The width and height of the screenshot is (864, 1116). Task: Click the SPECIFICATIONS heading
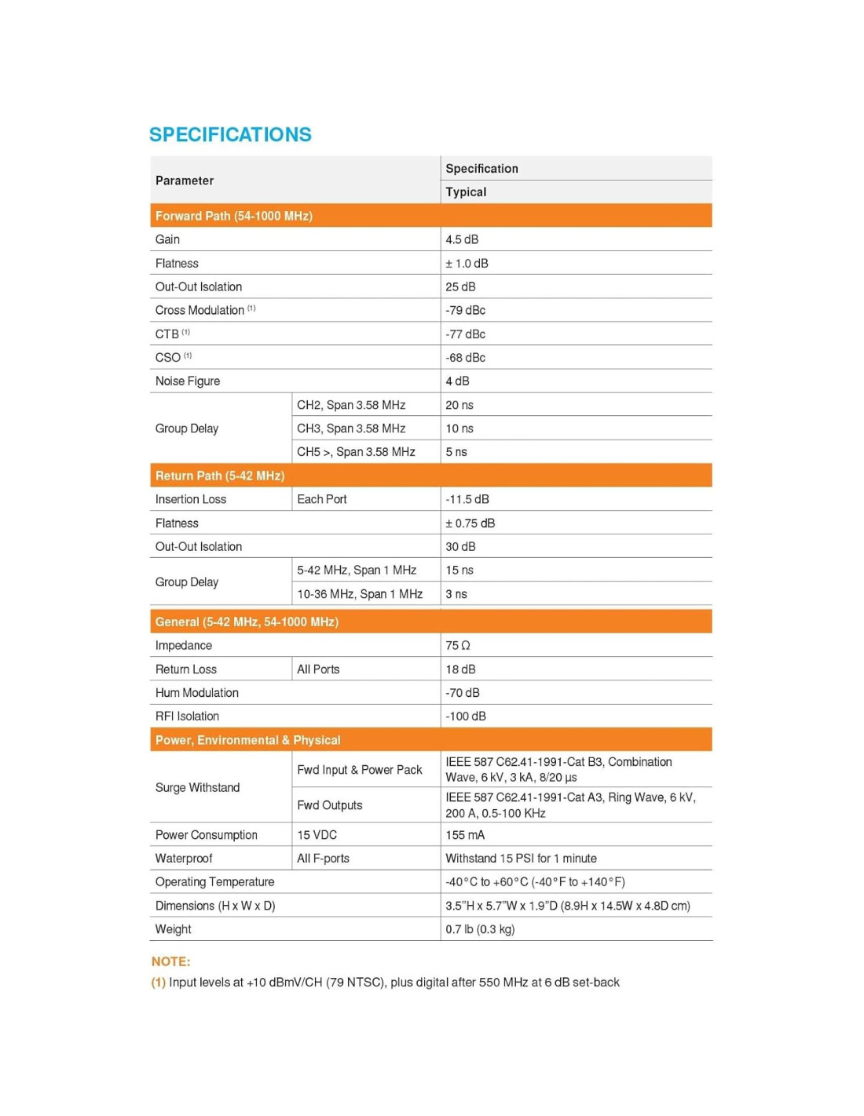pyautogui.click(x=230, y=135)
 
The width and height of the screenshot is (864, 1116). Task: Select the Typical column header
pyautogui.click(x=466, y=192)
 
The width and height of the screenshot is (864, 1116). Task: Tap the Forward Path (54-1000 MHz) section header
pyautogui.click(x=234, y=216)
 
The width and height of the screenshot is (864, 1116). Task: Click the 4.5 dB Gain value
pyautogui.click(x=462, y=239)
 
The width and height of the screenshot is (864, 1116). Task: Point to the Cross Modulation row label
pyautogui.click(x=200, y=310)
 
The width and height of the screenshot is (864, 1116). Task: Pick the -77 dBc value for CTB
pyautogui.click(x=465, y=334)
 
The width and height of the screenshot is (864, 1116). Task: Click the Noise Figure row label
pyautogui.click(x=188, y=381)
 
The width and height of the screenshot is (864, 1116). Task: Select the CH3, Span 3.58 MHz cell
pyautogui.click(x=351, y=429)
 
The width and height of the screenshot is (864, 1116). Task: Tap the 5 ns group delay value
pyautogui.click(x=456, y=452)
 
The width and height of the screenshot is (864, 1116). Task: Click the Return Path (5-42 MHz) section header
pyautogui.click(x=220, y=476)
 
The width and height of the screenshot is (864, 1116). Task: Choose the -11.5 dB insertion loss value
pyautogui.click(x=467, y=499)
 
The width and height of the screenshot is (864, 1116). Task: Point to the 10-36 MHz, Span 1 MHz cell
pyautogui.click(x=360, y=594)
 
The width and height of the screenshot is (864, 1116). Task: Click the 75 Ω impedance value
pyautogui.click(x=458, y=646)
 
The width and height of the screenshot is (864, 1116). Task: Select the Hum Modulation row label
pyautogui.click(x=197, y=693)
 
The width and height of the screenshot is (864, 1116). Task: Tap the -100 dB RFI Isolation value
pyautogui.click(x=466, y=717)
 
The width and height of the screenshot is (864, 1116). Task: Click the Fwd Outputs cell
pyautogui.click(x=330, y=805)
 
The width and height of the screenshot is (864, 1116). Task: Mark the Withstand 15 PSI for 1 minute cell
pyautogui.click(x=521, y=859)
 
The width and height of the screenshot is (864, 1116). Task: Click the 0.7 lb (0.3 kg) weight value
pyautogui.click(x=480, y=929)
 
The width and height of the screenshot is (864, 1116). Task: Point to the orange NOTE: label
pyautogui.click(x=171, y=961)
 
